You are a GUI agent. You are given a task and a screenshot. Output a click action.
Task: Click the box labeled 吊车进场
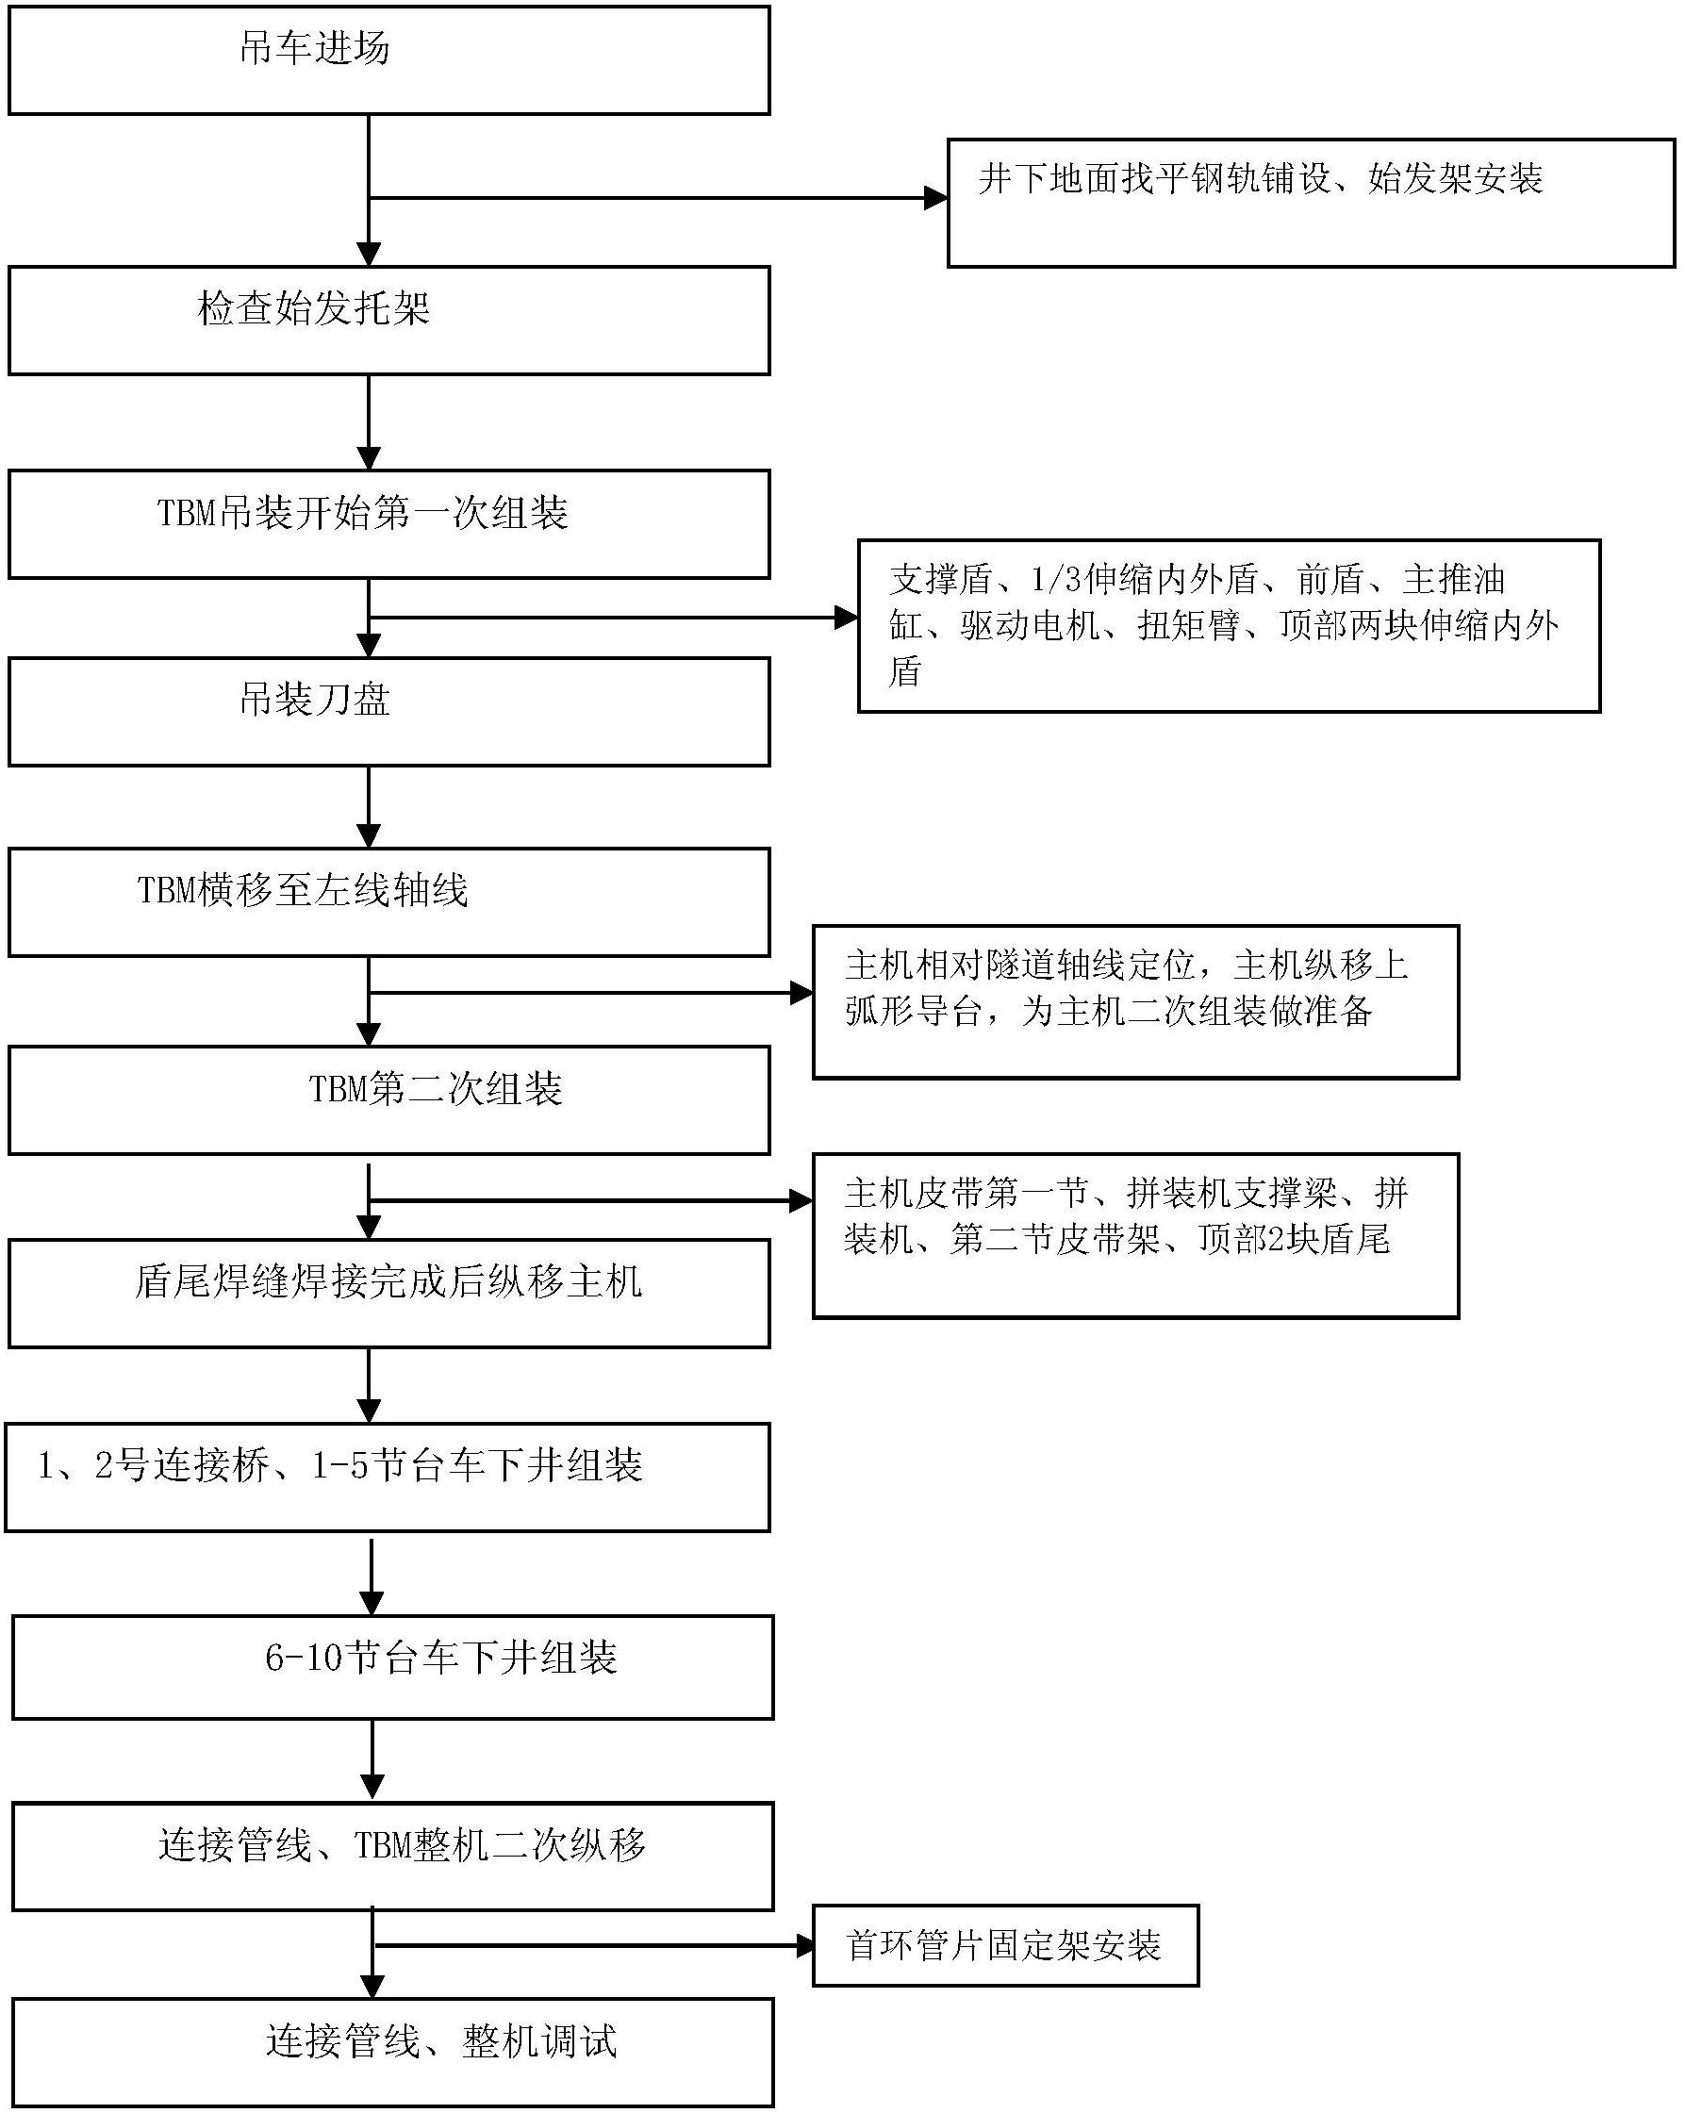click(x=388, y=60)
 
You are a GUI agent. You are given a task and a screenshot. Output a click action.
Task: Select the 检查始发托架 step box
click(x=388, y=321)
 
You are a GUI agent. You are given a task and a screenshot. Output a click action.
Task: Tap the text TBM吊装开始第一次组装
click(x=363, y=514)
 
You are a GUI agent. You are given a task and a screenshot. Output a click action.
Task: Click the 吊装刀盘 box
click(x=388, y=712)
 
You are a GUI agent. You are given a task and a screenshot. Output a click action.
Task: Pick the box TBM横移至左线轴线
click(x=388, y=901)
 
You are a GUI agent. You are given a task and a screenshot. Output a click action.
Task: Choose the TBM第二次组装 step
click(x=388, y=1099)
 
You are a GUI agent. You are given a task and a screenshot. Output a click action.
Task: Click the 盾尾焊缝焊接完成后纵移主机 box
click(x=388, y=1293)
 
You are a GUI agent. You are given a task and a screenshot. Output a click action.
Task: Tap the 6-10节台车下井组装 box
click(x=392, y=1667)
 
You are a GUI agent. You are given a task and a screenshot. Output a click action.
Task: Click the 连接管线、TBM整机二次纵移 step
click(x=392, y=1857)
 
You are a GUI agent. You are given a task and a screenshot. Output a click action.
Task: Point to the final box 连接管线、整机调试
click(x=392, y=2053)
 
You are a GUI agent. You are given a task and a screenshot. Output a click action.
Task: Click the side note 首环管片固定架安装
click(x=1005, y=1945)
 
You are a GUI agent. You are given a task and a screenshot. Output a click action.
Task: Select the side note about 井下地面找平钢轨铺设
click(x=1311, y=203)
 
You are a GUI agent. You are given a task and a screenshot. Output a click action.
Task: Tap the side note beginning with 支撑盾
click(x=1229, y=625)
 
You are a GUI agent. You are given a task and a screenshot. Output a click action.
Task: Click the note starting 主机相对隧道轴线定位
click(x=1135, y=1001)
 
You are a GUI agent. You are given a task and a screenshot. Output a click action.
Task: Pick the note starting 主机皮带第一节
click(x=1135, y=1235)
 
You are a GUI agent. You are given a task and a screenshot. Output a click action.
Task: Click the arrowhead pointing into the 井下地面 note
click(x=936, y=199)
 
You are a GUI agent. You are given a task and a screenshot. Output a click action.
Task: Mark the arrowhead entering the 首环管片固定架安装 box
click(x=803, y=1945)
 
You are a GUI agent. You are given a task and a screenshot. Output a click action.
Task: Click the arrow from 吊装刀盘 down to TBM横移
click(x=369, y=807)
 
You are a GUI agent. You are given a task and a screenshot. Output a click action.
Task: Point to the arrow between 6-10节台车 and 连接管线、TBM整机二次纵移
click(x=372, y=1761)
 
